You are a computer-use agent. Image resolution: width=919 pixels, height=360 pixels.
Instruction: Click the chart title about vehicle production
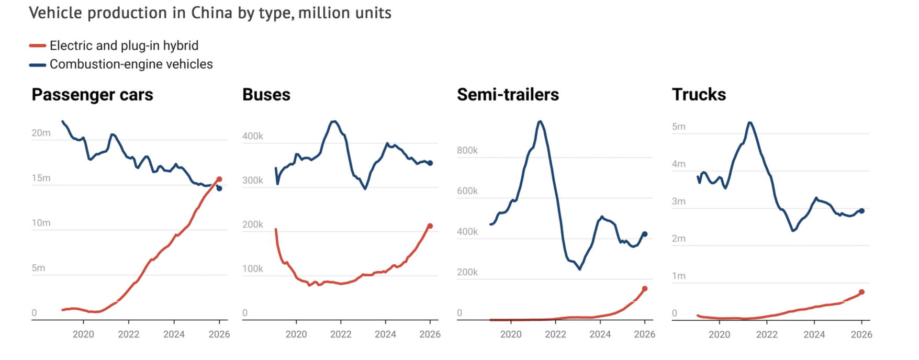coord(210,13)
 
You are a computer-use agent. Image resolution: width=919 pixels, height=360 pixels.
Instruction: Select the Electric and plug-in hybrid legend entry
coord(124,46)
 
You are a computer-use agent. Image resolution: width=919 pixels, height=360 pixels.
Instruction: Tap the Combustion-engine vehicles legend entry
coord(131,64)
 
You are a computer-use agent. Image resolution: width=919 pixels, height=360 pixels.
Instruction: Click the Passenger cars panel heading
coord(92,95)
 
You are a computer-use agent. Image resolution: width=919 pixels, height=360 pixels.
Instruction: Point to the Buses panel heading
coord(266,95)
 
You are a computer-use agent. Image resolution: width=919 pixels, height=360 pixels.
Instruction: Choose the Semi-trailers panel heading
coord(508,95)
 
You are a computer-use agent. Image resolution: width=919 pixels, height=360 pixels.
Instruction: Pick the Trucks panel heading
coord(699,95)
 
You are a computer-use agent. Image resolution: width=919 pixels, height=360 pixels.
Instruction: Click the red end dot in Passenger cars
coord(219,179)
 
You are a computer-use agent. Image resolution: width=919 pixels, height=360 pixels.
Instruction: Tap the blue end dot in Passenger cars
coord(219,188)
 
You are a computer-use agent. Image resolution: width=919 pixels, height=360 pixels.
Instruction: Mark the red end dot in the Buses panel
coord(430,226)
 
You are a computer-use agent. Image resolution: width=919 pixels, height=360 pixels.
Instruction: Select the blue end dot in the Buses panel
coord(430,163)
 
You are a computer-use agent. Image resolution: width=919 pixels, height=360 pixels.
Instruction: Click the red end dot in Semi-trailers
coord(645,288)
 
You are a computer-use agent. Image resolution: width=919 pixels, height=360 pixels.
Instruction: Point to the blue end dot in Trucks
coord(862,211)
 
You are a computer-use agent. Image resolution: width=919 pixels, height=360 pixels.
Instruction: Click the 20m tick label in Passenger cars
coord(41,133)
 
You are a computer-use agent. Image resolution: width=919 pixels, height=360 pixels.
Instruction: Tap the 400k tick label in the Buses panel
coord(252,136)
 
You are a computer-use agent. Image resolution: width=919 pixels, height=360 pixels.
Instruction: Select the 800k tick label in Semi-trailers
coord(467,151)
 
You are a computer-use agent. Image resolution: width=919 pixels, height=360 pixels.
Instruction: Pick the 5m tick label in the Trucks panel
coord(678,127)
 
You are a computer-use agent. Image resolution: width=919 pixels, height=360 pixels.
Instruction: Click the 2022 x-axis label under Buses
coord(341,334)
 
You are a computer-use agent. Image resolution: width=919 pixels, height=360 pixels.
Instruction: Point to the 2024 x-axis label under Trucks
coord(814,334)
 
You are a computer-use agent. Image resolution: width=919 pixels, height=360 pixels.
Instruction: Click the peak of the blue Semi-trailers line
coord(540,121)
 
